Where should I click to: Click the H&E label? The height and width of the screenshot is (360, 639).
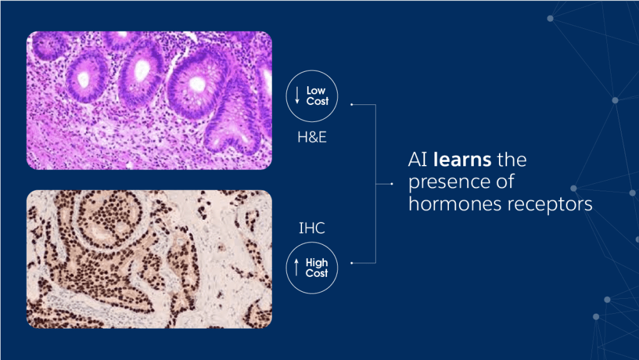coord(312,137)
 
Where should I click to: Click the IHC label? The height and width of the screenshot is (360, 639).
coord(312,228)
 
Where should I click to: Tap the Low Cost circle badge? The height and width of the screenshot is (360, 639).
coord(312,96)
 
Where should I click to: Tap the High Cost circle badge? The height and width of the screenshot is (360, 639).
coord(312,268)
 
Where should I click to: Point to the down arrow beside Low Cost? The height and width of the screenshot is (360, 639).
coord(297,95)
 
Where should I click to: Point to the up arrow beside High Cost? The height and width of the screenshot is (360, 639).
coord(296,267)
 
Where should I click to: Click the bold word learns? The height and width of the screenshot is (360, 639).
coord(462,159)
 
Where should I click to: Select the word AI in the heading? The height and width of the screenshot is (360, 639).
coord(418,159)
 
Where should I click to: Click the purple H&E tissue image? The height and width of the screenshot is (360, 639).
coord(149,100)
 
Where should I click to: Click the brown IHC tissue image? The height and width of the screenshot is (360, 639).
coord(149,259)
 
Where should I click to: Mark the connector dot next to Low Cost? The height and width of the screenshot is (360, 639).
coord(351,104)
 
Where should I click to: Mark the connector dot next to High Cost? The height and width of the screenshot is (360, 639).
coord(351,263)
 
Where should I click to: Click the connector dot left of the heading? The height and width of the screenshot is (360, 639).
coord(391,184)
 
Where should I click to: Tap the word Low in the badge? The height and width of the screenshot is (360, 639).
coord(316,91)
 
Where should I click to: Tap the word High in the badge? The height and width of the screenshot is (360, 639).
coord(316,262)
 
